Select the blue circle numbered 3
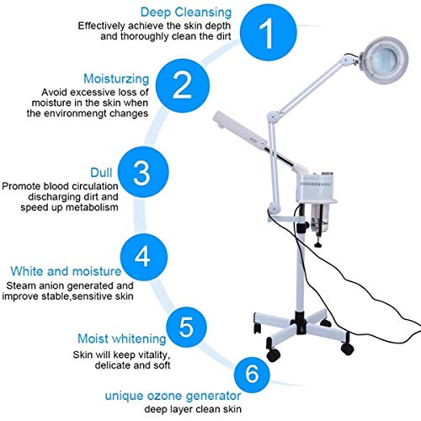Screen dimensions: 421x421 [164, 173]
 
